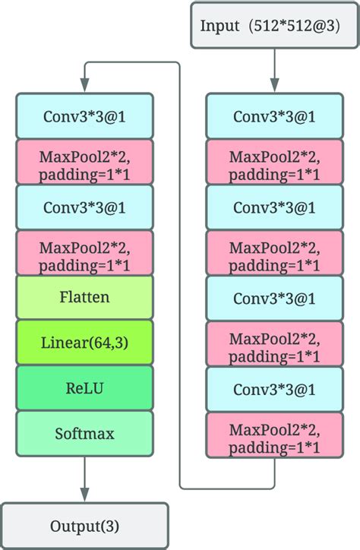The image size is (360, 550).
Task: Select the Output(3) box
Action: tap(84, 526)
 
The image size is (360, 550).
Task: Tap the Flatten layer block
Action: tap(84, 297)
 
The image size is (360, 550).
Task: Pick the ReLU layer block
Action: tap(84, 388)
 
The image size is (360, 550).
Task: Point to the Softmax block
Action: tap(84, 434)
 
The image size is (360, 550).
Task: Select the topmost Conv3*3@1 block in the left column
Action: tap(84, 116)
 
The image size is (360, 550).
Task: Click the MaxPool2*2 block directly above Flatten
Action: tap(84, 252)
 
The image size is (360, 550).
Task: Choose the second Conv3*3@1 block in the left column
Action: tap(84, 207)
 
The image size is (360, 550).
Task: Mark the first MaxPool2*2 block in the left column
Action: tap(84, 162)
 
